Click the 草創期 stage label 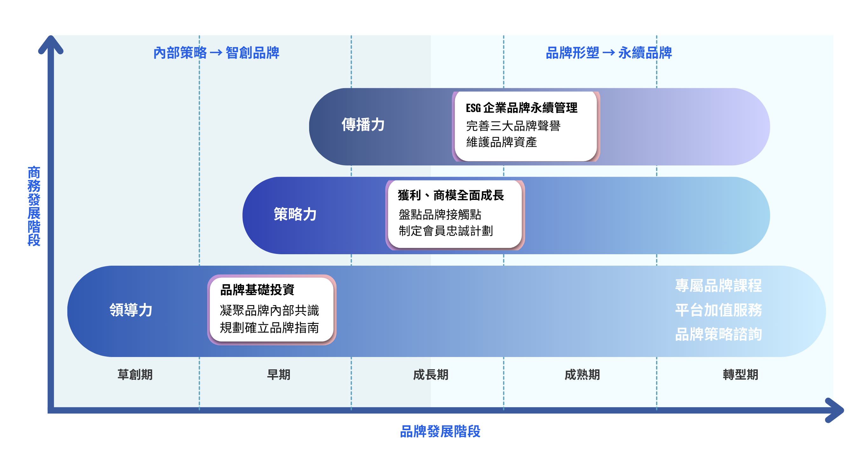[135, 374]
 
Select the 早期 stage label [278, 374]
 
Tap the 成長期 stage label [430, 374]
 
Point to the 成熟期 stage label [582, 374]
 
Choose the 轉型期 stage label [740, 374]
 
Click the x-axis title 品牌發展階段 [440, 431]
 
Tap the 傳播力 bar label [363, 124]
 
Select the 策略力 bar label [295, 214]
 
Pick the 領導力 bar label [131, 310]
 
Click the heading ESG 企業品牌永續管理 [521, 108]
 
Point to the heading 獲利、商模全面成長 [451, 195]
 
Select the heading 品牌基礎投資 [257, 290]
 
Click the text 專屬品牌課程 [718, 286]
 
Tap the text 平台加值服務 [718, 310]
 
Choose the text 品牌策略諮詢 [718, 334]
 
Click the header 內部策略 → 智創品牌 [216, 53]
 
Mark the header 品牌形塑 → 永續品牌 [608, 53]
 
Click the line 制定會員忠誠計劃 [445, 231]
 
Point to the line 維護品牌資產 [501, 142]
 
